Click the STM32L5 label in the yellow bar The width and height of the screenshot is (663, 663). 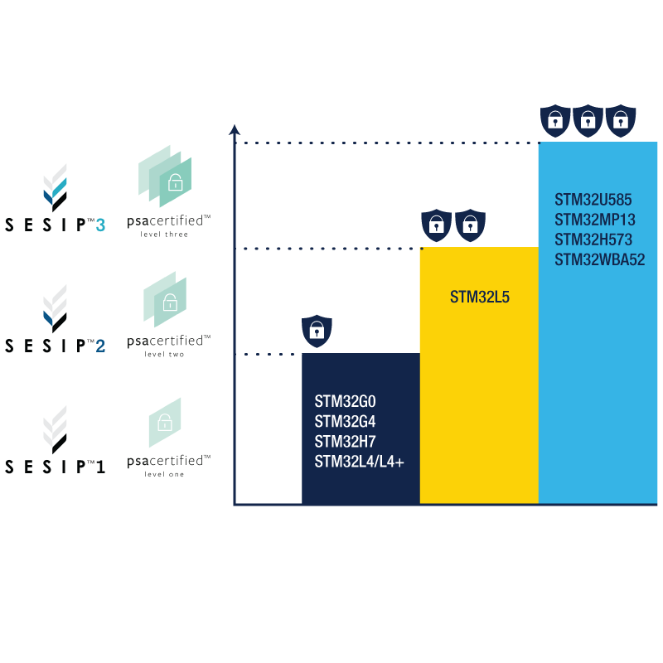tap(479, 297)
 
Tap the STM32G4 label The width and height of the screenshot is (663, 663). tap(345, 422)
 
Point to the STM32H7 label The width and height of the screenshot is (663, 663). tap(345, 442)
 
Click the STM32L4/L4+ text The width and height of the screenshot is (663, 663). tap(359, 462)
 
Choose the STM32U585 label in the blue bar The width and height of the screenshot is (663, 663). tap(593, 200)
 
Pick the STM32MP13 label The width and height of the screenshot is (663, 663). tap(595, 220)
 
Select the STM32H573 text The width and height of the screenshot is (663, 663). tap(593, 240)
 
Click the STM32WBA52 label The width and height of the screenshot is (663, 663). tap(599, 259)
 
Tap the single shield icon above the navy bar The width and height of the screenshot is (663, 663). tap(317, 331)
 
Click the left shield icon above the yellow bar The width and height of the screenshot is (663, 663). tap(437, 225)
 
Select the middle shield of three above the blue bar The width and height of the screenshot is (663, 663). tap(588, 121)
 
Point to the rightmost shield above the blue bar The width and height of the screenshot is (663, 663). tap(620, 121)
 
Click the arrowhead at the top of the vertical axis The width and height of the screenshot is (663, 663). tap(235, 129)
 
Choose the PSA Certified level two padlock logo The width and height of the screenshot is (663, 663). tap(165, 300)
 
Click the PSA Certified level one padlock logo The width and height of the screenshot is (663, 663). tap(165, 422)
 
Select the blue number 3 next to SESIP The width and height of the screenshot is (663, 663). tap(100, 225)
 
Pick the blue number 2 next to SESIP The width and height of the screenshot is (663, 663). tap(100, 346)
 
